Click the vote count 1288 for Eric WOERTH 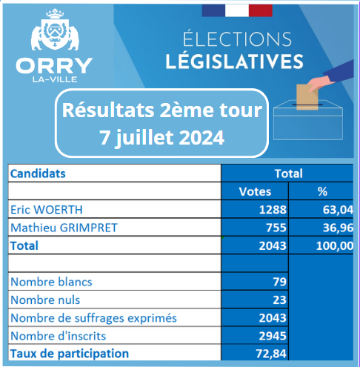pos(273,210)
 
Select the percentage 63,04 pos(338,210)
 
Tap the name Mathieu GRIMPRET pos(64,228)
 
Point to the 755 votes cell pos(276,228)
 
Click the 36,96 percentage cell pos(338,228)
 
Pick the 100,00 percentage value pos(335,246)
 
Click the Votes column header pos(255,191)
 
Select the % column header pos(322,191)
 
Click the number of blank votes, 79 pos(280,282)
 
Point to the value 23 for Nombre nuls pos(280,300)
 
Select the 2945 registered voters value pos(273,336)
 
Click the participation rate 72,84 pos(271,354)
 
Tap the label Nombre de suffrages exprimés pos(94,318)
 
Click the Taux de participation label pos(70,354)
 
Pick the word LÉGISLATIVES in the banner pos(234,61)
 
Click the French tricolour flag pos(237,10)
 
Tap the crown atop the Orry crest pos(55,14)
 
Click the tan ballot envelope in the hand pos(307,97)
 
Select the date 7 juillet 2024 pos(162,138)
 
